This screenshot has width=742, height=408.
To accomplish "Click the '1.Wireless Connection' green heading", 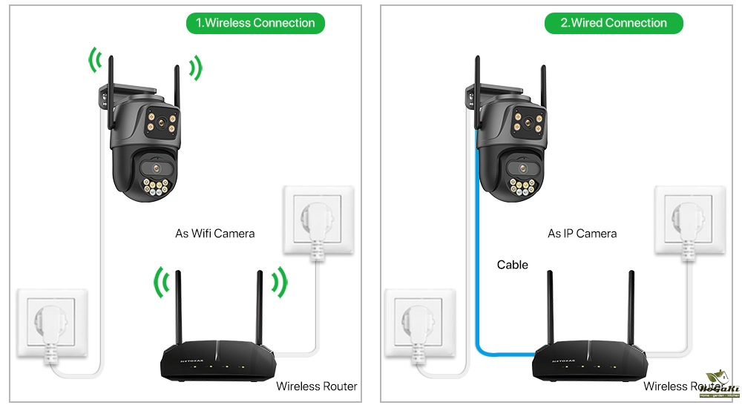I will click(x=255, y=23).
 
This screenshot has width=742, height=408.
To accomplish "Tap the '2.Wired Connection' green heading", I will click(x=614, y=23).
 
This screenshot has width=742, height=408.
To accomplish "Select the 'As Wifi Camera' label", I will click(x=214, y=233).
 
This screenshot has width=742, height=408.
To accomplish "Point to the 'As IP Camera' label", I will click(x=582, y=233).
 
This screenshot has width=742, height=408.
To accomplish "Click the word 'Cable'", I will click(x=513, y=265).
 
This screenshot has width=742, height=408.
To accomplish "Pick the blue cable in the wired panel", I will click(x=476, y=245).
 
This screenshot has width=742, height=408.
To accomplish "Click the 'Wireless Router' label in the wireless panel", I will click(x=316, y=386).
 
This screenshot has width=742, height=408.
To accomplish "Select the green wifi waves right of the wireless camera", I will click(x=194, y=68).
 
